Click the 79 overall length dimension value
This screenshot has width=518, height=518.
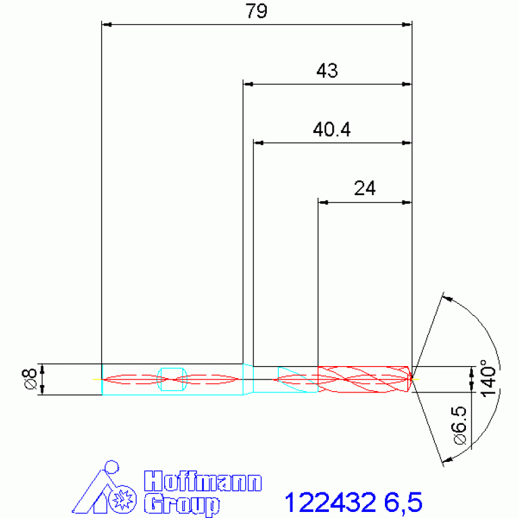point(256,11)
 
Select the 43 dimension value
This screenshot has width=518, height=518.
point(327,70)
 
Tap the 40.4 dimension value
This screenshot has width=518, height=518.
point(332,129)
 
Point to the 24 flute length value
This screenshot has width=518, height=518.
point(365,188)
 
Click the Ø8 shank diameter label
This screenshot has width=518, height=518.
point(30,379)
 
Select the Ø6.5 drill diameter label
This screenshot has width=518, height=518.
point(459,425)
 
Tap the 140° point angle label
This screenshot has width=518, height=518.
point(488,378)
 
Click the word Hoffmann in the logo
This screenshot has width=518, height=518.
point(203,482)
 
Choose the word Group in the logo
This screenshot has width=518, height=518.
point(182,504)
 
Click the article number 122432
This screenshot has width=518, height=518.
point(330,502)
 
